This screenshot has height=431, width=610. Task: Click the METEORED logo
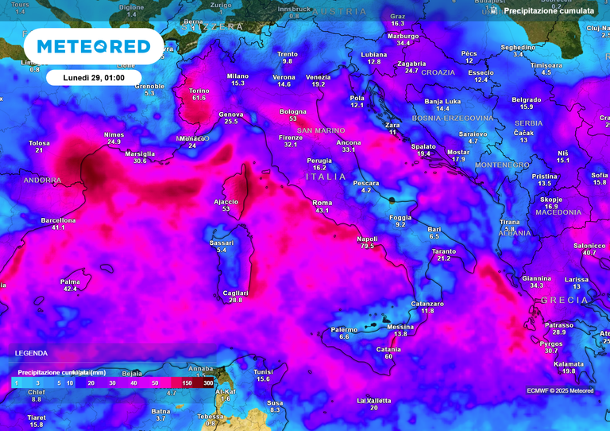point(94,47)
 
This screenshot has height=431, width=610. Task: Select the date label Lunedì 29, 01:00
point(94,77)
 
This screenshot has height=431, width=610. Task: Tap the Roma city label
point(322,203)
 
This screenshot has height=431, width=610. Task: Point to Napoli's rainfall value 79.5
point(367,247)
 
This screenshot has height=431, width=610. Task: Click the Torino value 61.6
point(199,98)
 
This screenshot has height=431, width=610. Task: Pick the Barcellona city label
point(58,219)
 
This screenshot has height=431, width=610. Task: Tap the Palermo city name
point(344,329)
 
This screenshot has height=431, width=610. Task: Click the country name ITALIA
point(326,177)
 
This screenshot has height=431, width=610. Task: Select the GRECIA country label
point(564,300)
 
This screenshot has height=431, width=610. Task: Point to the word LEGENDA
point(31,353)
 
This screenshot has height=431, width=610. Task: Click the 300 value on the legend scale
point(208,383)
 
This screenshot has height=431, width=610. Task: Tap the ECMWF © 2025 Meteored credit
point(560,390)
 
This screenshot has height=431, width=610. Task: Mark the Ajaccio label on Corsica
point(226,201)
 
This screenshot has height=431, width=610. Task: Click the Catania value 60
point(388,357)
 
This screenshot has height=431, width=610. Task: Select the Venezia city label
point(319,76)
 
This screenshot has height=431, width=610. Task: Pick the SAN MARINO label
point(321,130)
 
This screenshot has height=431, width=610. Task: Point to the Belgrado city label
point(527,99)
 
